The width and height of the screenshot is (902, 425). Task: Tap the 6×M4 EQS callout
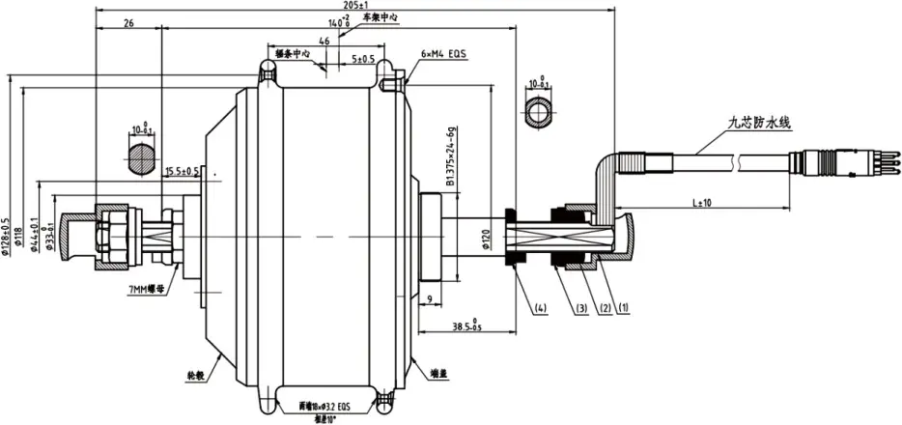tap(443, 55)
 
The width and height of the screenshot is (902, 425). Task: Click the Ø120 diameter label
tap(487, 238)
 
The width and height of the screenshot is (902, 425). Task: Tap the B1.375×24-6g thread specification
tap(450, 159)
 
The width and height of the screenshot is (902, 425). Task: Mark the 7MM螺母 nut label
tap(146, 287)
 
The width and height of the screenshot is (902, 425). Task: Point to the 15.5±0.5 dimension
tap(183, 171)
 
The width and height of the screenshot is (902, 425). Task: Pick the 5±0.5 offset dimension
tap(364, 58)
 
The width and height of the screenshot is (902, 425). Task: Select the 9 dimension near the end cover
tap(427, 299)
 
